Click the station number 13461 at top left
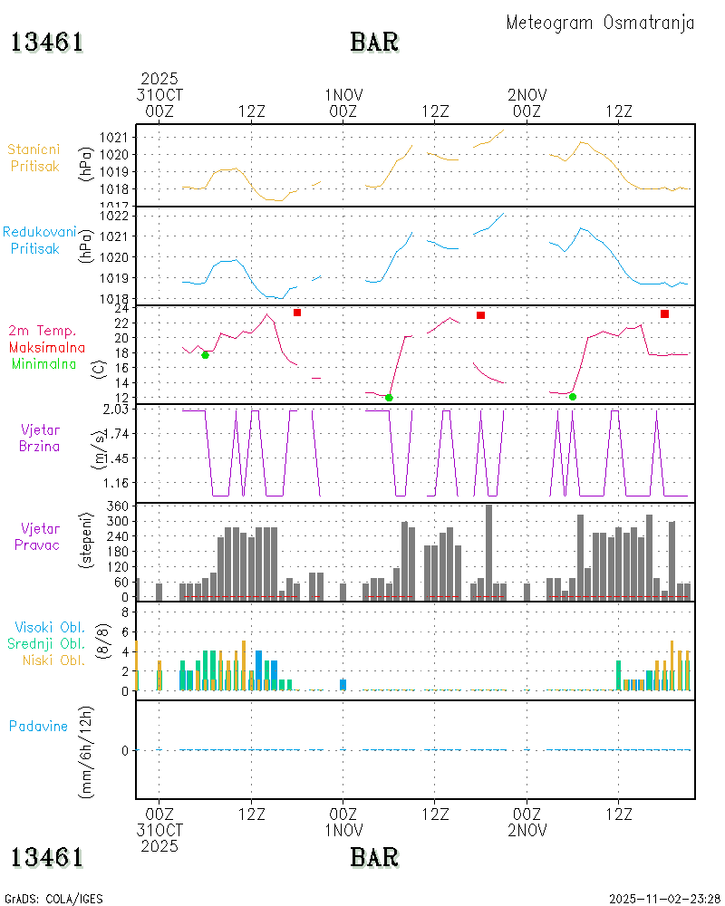(47, 43)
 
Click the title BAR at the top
(374, 43)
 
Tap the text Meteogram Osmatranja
(600, 23)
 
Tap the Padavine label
(38, 726)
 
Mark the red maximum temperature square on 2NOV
(664, 313)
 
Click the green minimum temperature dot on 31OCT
(205, 354)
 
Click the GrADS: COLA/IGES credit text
(53, 899)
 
